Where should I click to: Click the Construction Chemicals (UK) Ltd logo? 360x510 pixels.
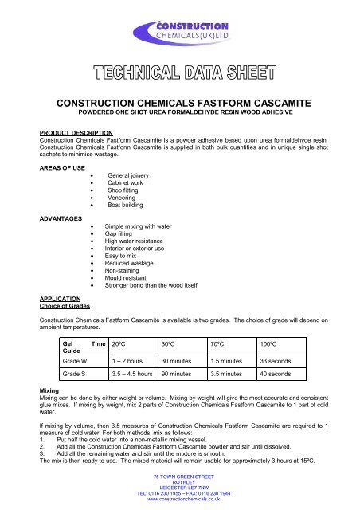[x=180, y=35]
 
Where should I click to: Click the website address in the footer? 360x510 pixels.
[x=180, y=502]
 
